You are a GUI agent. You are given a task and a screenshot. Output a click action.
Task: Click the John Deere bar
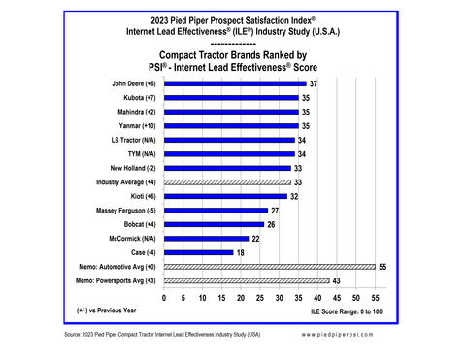point(235,84)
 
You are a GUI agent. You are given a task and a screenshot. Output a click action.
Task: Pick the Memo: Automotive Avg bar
point(269,266)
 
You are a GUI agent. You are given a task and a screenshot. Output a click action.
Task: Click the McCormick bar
point(206,238)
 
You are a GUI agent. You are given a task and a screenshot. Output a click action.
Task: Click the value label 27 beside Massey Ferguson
point(276,211)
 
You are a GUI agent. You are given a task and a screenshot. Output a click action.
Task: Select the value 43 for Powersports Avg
point(337,280)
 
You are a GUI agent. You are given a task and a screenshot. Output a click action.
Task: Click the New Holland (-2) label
point(127,168)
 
